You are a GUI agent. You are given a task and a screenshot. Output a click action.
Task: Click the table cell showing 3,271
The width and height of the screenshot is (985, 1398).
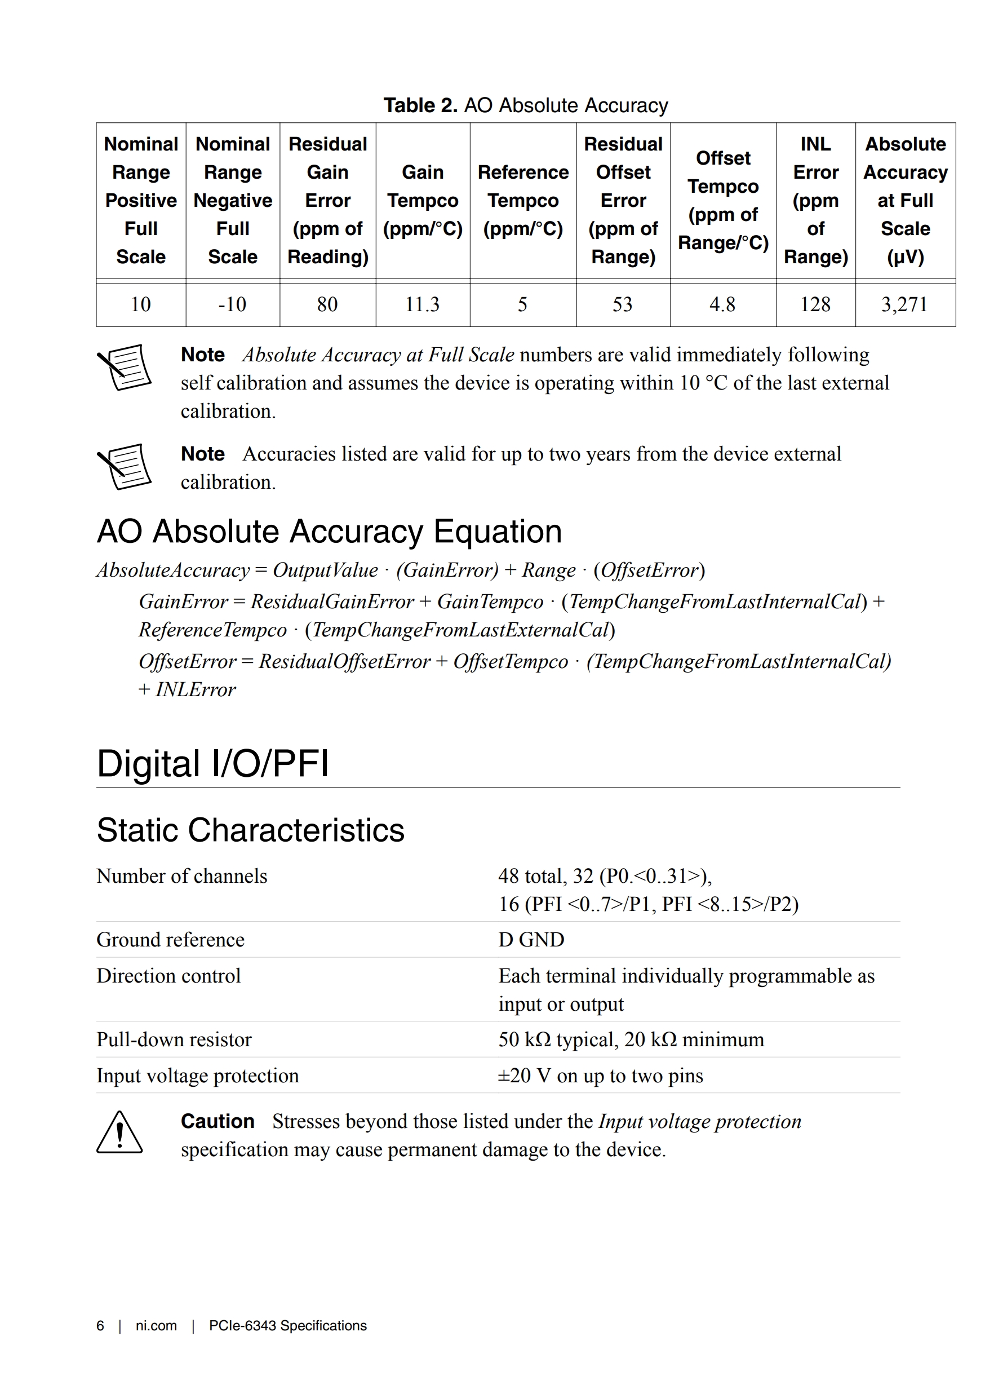tap(904, 304)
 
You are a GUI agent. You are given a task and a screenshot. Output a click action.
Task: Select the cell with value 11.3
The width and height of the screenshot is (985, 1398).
tap(422, 304)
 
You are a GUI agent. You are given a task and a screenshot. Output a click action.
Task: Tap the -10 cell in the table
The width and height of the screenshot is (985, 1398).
tap(232, 304)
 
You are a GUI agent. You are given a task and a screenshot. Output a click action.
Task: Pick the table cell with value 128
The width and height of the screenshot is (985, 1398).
tap(815, 304)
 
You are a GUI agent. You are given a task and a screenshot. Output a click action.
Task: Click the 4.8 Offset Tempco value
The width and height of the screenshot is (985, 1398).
tap(722, 304)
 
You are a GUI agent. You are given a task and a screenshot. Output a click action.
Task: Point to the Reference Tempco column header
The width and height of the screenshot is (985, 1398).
tap(522, 200)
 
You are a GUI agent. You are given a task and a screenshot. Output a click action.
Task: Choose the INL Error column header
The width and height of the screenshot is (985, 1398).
tap(815, 200)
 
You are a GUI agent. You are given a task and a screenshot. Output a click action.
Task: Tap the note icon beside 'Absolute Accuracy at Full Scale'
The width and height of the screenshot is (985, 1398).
tap(125, 367)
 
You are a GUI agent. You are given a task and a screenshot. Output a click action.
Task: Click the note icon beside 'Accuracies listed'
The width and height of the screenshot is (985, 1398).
tap(125, 466)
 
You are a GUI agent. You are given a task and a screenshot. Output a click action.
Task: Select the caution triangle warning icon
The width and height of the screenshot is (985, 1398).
tap(119, 1132)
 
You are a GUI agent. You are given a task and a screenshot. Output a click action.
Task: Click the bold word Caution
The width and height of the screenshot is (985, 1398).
tap(218, 1121)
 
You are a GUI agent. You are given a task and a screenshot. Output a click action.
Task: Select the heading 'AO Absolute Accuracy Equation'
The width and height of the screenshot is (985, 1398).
tap(329, 532)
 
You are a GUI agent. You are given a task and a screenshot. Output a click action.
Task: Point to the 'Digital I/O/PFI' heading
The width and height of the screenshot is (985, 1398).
tap(212, 763)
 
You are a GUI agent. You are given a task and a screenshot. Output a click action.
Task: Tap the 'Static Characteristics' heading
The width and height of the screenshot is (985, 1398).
tap(250, 830)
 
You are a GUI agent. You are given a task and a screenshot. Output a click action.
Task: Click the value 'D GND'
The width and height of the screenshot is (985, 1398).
tap(531, 940)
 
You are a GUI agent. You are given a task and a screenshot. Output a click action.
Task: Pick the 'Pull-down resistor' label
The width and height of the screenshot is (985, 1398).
tap(174, 1039)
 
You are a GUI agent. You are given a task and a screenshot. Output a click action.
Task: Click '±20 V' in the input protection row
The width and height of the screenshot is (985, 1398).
tap(523, 1076)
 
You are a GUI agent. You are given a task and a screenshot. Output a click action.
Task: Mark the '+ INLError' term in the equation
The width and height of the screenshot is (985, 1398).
tap(187, 689)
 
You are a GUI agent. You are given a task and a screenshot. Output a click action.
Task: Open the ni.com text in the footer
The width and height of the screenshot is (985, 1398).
tap(156, 1325)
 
